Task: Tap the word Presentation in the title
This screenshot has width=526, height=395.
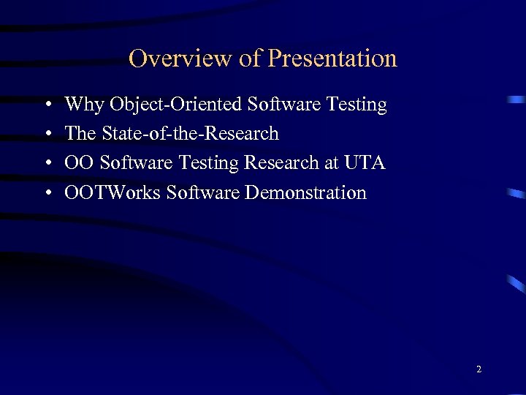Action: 332,59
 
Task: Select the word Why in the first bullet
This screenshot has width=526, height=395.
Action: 84,105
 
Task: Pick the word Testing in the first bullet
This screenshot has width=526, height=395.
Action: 357,105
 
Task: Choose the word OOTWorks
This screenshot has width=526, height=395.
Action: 113,192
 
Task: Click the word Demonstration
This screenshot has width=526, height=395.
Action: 306,192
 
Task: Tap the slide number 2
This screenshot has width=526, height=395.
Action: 479,369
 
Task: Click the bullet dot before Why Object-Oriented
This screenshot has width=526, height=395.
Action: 47,105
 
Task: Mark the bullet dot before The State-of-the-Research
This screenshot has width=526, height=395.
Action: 47,135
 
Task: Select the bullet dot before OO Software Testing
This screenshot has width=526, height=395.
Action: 47,164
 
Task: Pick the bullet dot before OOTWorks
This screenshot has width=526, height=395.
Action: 47,193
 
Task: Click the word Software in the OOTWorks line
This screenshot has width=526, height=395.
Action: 202,192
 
